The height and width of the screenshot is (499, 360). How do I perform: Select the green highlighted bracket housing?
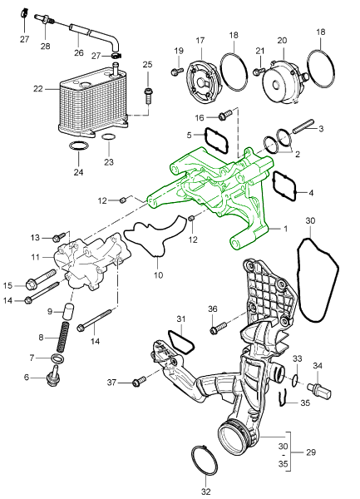216,191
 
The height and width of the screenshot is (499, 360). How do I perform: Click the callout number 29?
311,452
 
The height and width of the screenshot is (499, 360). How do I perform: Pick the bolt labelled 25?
148,96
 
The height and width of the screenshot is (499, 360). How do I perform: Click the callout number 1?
285,229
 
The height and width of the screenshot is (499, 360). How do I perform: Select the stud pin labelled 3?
303,126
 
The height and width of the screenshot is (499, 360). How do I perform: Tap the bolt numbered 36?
219,329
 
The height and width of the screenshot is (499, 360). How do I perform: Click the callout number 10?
158,274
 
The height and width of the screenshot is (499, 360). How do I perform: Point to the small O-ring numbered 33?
295,379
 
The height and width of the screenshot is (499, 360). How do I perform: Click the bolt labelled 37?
139,381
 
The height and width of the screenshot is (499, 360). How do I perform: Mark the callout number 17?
200,41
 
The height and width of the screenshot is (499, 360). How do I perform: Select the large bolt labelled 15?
42,279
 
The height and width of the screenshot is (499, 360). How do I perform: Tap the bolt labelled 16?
225,116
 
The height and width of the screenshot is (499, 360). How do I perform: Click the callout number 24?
78,172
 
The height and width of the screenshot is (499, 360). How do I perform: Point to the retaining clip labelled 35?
281,398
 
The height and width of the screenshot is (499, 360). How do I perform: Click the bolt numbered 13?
60,237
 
